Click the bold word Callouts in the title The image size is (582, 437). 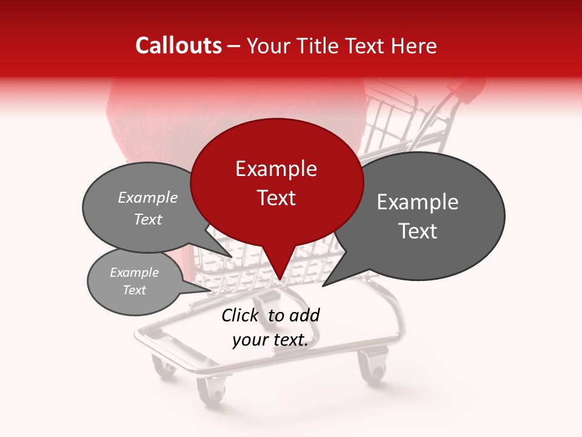[x=178, y=46]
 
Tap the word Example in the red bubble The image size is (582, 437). [x=276, y=169]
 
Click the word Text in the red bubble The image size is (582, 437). [x=276, y=198]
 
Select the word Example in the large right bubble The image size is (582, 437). [x=418, y=202]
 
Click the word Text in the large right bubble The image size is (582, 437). [x=418, y=231]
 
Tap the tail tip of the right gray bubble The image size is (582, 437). [x=323, y=286]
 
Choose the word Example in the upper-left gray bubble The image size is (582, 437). [x=148, y=197]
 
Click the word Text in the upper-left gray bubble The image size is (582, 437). [x=148, y=219]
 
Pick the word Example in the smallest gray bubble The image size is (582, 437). [x=134, y=273]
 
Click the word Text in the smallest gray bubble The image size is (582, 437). [x=134, y=290]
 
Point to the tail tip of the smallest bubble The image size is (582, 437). [x=212, y=291]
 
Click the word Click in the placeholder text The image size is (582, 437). [x=239, y=315]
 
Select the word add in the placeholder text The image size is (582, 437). [x=304, y=315]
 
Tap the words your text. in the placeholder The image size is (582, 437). [x=270, y=340]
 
